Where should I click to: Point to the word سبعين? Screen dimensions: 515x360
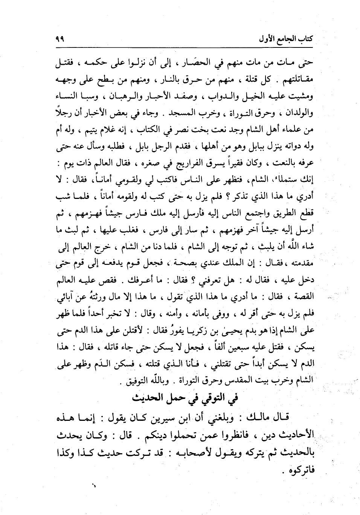[247, 347]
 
